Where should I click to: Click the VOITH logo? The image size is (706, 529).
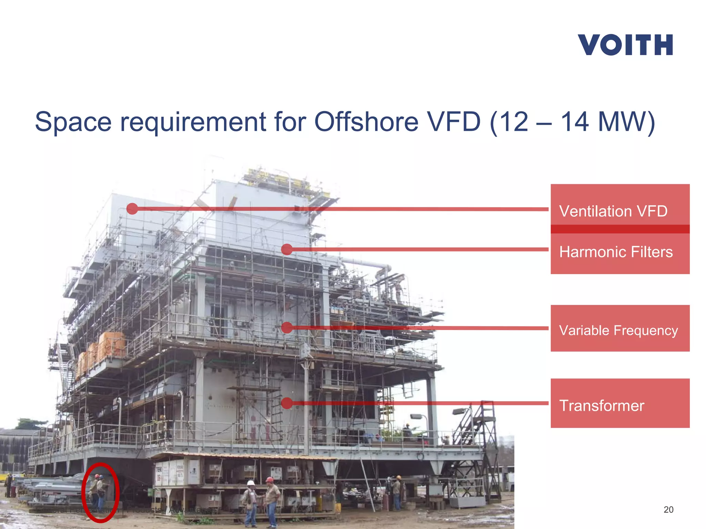[625, 45]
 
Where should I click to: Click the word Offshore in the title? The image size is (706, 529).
[366, 122]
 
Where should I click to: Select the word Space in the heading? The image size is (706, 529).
[73, 122]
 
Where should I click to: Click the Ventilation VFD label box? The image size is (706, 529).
[620, 205]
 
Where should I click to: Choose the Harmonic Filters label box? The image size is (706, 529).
[620, 253]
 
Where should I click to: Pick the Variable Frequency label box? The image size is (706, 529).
[620, 328]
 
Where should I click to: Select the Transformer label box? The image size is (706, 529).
[620, 403]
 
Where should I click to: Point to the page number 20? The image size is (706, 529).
[668, 510]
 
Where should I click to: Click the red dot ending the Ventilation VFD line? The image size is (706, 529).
[132, 209]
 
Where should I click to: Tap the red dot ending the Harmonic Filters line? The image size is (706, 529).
[287, 249]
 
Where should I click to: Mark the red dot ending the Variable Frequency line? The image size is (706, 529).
[287, 328]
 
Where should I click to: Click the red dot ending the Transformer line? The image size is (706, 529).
[287, 403]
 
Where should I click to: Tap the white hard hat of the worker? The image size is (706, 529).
[251, 483]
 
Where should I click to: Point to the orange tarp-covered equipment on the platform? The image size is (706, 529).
[111, 344]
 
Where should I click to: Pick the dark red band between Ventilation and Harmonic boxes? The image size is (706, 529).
[620, 229]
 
